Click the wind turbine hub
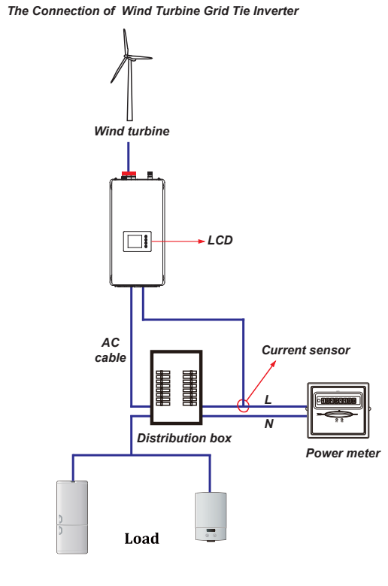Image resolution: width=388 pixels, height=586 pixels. [127, 57]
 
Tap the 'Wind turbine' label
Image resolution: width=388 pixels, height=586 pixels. [132, 131]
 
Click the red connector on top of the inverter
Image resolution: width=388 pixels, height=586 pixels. [129, 174]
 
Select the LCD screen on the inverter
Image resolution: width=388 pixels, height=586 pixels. [135, 241]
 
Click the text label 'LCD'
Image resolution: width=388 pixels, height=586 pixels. [220, 240]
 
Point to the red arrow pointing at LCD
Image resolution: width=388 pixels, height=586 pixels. [178, 241]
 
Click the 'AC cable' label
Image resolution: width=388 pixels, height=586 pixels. [111, 351]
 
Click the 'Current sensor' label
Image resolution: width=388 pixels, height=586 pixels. [305, 351]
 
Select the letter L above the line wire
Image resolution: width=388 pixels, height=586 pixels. [268, 400]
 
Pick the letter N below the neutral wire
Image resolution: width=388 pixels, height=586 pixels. [269, 424]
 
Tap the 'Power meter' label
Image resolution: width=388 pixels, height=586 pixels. [343, 454]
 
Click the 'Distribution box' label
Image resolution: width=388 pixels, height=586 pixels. [184, 438]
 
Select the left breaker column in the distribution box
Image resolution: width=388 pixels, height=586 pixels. [163, 388]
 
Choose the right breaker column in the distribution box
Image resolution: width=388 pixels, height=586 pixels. [189, 388]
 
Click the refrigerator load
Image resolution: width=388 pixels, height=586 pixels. [72, 517]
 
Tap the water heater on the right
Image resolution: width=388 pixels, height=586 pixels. [211, 517]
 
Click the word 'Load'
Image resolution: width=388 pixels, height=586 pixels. [141, 539]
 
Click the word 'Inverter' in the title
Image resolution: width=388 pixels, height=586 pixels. [276, 11]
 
